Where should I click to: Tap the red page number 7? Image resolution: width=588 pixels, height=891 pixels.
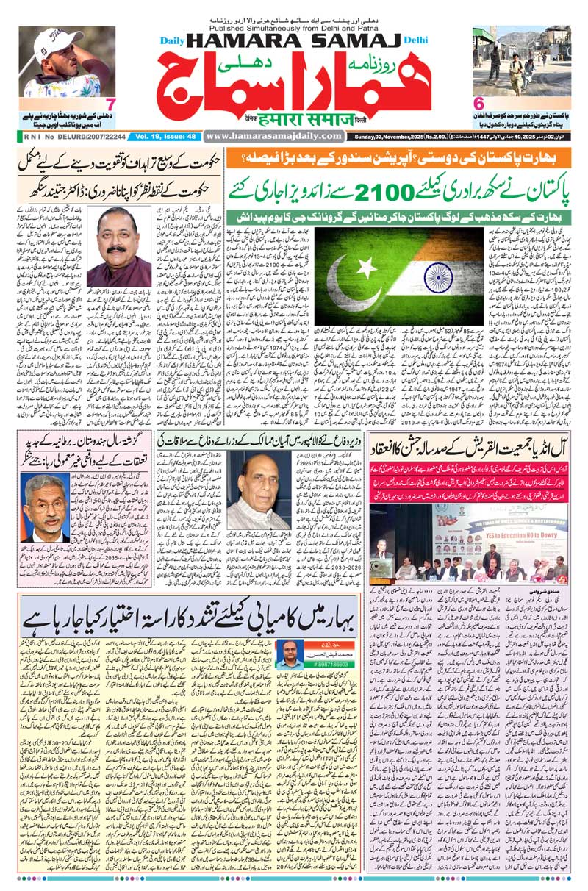coord(109,104)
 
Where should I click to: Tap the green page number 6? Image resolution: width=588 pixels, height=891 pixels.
coord(478,104)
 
